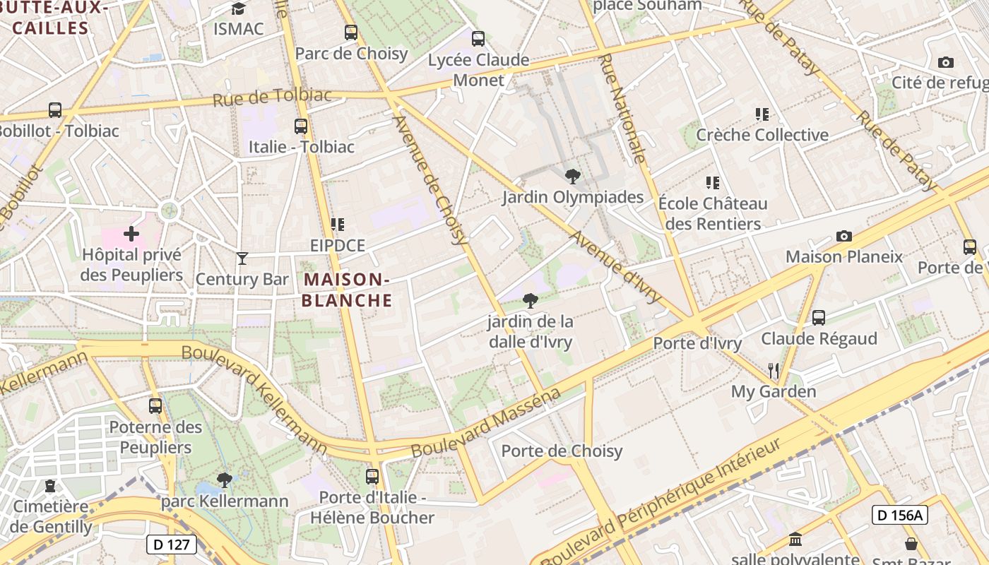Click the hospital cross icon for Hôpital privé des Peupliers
coord(131,233)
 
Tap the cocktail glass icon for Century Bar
coord(242,258)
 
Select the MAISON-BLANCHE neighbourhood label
coord(347,290)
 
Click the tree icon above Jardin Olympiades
coord(572,176)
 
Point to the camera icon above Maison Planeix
coord(843,236)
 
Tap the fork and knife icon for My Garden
coord(774,371)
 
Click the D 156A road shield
coord(899,515)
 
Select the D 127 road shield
coord(172,544)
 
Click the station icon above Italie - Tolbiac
coord(301,126)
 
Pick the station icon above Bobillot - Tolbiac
coord(55,110)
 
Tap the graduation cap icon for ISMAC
coord(238,8)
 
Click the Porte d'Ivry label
coord(697,343)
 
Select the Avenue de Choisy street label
coord(432,180)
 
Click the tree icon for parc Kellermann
coord(225,480)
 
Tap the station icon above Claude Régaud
coord(819,318)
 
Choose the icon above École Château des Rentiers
coord(713,183)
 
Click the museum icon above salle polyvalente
coord(795,539)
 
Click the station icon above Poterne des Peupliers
coord(155,406)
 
